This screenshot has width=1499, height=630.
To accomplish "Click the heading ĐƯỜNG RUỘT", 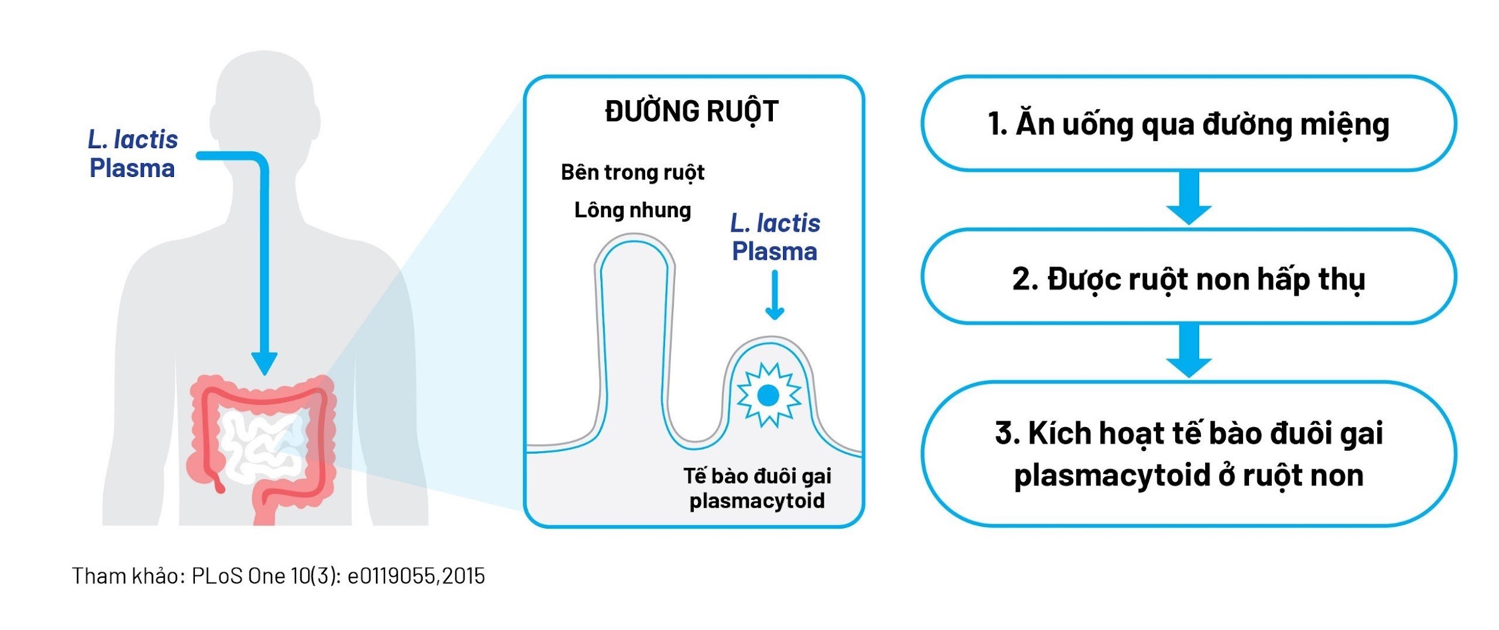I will (691, 112).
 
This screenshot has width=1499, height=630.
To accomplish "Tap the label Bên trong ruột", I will (633, 173).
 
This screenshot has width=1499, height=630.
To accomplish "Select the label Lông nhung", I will (633, 210).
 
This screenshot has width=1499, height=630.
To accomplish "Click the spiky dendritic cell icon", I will (768, 395).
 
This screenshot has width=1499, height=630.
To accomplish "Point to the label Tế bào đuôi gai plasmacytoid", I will (757, 488).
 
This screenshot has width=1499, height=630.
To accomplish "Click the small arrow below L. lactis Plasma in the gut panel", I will (775, 297).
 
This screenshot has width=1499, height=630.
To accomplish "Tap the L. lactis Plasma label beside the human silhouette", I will (133, 154).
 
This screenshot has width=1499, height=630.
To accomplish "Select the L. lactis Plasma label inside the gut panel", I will (775, 238).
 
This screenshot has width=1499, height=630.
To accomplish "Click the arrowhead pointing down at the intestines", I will (264, 363).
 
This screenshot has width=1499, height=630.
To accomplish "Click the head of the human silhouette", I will (264, 102).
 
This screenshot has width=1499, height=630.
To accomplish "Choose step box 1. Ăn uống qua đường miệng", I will (1188, 124).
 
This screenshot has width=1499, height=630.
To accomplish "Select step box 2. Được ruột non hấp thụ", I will (1188, 278).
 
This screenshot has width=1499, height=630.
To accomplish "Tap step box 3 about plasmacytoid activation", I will (1188, 454).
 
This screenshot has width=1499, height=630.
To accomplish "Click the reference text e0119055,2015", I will (416, 576).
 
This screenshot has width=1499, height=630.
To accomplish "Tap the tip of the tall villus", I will (634, 240).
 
